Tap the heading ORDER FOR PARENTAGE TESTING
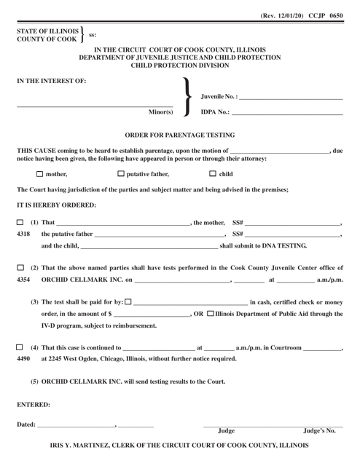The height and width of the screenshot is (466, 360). click(x=180, y=135)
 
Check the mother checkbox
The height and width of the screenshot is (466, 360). click(x=39, y=174)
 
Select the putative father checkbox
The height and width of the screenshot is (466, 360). click(x=121, y=174)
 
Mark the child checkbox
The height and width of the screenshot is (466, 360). click(x=213, y=174)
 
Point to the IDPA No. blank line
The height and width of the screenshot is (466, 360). click(x=286, y=112)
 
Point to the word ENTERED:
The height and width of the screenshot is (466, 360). click(x=34, y=402)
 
